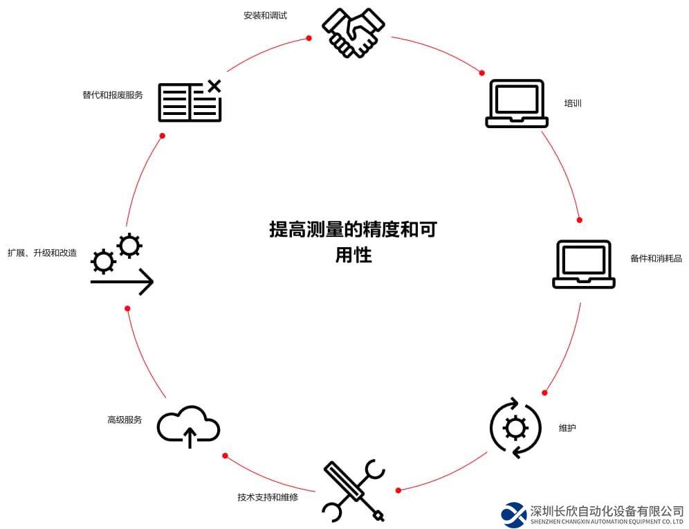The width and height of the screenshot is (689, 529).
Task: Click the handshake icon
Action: coord(353,32)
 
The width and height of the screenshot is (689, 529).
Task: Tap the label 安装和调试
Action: coord(265,15)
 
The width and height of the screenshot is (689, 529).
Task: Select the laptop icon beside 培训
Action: coord(517,104)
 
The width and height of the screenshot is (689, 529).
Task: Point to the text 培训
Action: coord(573,104)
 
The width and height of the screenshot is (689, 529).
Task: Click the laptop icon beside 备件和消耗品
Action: coord(584,264)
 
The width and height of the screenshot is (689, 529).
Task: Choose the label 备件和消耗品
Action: coord(656,258)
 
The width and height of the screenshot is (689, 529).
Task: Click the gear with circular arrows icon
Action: coord(515,428)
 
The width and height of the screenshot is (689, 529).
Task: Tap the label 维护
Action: coord(567,428)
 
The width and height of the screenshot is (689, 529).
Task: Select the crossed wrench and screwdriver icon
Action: coord(353,490)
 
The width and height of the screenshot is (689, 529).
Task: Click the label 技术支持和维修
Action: coord(268,496)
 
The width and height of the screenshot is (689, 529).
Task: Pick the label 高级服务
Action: coord(125,420)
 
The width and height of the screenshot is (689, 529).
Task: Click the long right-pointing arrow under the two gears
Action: coord(122,283)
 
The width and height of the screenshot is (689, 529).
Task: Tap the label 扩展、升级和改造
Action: coord(42,253)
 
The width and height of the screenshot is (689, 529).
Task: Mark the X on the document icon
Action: coord(214,87)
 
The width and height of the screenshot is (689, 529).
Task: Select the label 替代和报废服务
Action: coord(112,95)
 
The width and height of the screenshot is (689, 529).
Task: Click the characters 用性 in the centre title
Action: coord(353,255)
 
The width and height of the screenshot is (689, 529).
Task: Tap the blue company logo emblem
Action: coord(513,514)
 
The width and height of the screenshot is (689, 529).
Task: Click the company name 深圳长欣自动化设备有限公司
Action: coord(607,511)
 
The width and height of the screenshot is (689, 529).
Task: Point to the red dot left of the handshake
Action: coord(309,39)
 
